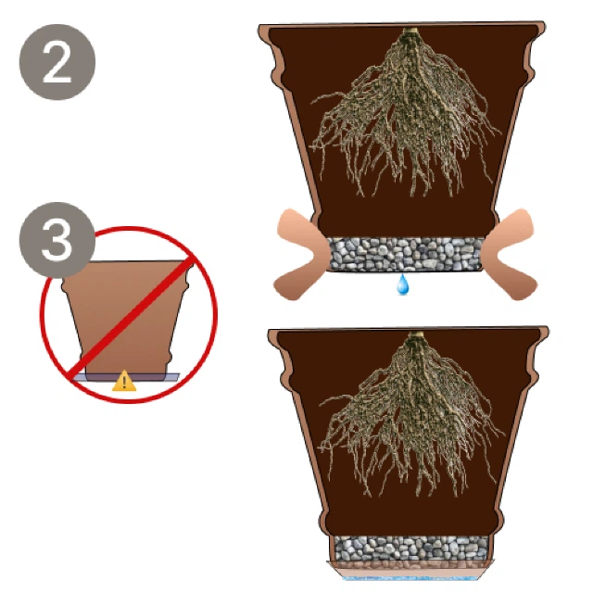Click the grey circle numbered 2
point(57,62)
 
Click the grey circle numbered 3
point(57,240)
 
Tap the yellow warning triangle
point(124,381)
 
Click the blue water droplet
point(403,284)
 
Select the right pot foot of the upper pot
point(509,254)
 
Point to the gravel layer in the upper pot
point(406,254)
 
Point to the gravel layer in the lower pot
point(410,549)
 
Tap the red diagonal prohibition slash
point(130,316)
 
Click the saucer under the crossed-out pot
point(127,377)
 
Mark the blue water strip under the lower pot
point(410,578)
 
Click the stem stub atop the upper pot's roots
point(409,31)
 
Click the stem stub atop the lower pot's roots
point(417,334)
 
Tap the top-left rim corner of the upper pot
point(259,27)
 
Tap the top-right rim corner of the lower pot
point(548,328)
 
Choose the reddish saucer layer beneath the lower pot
point(410,568)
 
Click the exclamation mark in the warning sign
point(124,383)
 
